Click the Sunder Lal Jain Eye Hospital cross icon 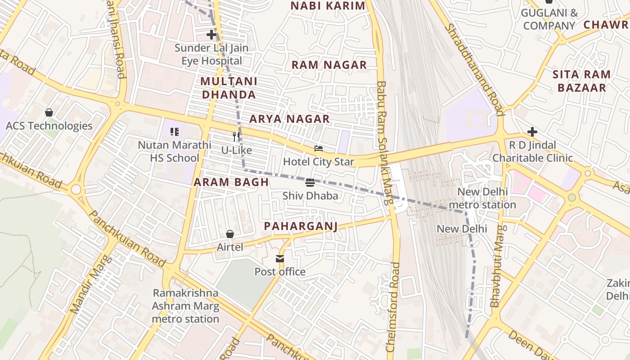click(211, 34)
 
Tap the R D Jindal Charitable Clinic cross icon click(532, 132)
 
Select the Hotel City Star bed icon click(319, 148)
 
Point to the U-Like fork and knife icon click(236, 137)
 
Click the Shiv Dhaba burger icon click(310, 183)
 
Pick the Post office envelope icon click(280, 259)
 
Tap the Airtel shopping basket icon click(230, 234)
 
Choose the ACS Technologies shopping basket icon click(49, 112)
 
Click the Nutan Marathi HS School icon click(175, 132)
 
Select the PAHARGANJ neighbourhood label click(301, 226)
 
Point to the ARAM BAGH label click(231, 182)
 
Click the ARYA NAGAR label click(289, 119)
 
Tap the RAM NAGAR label click(329, 65)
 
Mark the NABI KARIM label click(328, 6)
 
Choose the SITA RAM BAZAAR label click(581, 81)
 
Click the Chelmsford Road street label click(392, 307)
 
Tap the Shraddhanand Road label click(474, 69)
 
